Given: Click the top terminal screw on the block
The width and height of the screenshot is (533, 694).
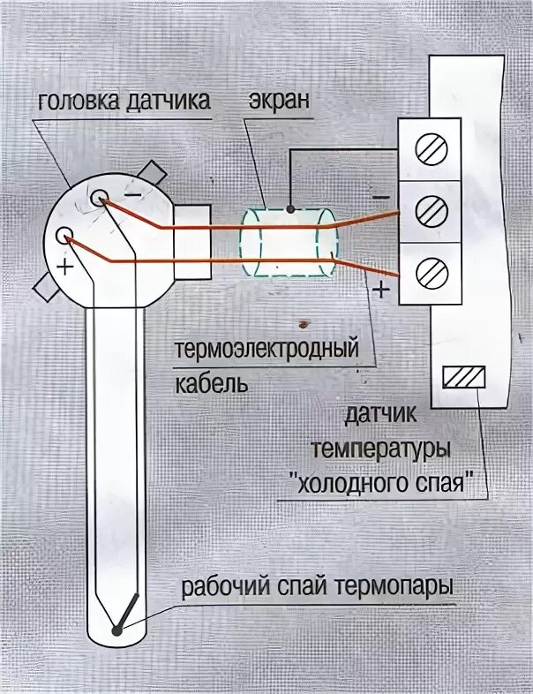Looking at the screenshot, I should click(430, 150).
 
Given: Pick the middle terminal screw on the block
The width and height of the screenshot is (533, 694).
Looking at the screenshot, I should click(430, 210).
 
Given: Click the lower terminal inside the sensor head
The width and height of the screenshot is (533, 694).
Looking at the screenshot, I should click(64, 236).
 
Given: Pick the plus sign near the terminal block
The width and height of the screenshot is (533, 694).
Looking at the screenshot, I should click(379, 289).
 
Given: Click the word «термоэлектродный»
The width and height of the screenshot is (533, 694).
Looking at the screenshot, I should click(266, 351).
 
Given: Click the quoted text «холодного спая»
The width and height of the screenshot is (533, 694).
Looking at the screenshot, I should click(388, 485).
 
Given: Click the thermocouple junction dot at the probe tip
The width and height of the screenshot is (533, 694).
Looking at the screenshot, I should click(116, 630).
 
